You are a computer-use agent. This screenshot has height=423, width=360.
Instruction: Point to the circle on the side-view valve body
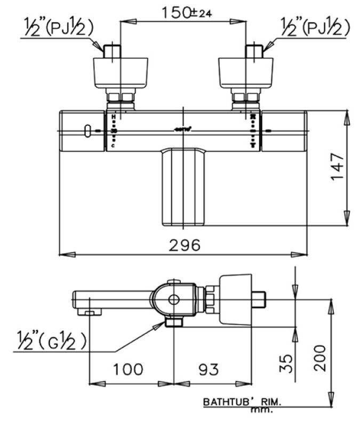[173, 299]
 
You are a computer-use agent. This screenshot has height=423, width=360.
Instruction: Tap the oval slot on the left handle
[86, 131]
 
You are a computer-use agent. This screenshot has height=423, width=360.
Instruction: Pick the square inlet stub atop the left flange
[113, 52]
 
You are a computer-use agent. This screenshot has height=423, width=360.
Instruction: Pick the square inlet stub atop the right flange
[253, 52]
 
